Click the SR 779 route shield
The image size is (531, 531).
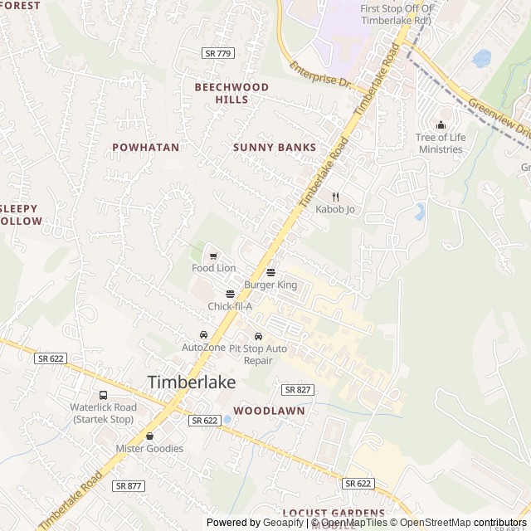coord(218,53)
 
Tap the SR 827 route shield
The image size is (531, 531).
coord(297,389)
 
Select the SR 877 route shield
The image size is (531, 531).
coord(129,486)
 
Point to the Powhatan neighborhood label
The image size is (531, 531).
coord(145,147)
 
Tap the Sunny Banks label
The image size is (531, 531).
coord(275,148)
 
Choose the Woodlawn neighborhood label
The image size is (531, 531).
coord(269,411)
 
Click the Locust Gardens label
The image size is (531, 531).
coord(334,514)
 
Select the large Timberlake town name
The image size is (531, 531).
coord(192,382)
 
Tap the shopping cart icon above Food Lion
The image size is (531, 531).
coord(213,256)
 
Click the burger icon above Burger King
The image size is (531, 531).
coord(270,272)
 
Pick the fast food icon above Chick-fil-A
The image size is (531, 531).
coord(230,294)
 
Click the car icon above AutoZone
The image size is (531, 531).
coord(203,334)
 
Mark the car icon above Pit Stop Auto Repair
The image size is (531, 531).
coord(258,336)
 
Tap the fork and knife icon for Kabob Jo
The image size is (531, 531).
coord(335,197)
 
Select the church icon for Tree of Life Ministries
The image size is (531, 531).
coord(440,125)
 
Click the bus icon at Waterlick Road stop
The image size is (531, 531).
coord(103,395)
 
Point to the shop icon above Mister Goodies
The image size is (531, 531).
coord(149,436)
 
